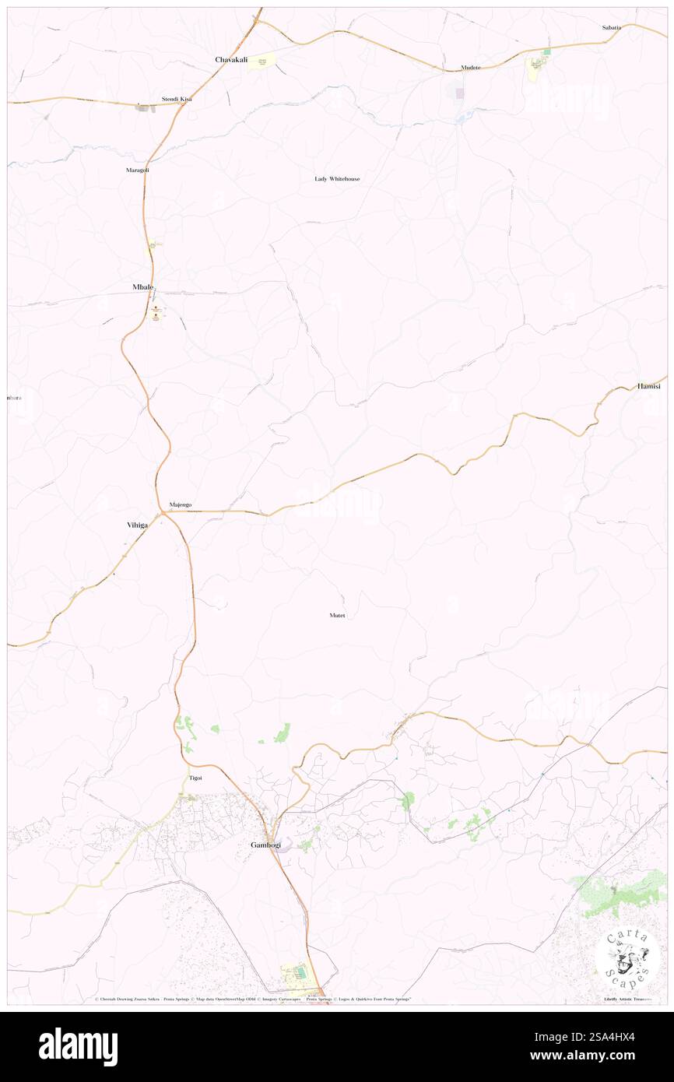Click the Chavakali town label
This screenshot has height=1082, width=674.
(231, 59)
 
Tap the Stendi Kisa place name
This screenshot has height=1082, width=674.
(176, 100)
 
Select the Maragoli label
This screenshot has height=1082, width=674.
(137, 170)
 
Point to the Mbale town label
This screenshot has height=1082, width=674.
(143, 287)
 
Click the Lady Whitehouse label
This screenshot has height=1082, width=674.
(337, 179)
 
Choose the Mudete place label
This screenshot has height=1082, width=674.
(471, 68)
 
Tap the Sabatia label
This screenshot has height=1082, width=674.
(612, 27)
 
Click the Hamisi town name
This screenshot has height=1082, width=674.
(648, 386)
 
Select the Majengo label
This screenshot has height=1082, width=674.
(181, 505)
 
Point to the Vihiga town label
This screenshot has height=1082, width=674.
(138, 525)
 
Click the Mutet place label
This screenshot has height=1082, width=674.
(337, 616)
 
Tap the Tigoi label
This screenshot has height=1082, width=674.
(195, 778)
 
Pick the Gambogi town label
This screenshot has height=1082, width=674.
(265, 845)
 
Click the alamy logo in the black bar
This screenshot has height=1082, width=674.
(78, 1046)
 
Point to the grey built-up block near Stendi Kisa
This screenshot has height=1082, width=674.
(144, 108)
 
